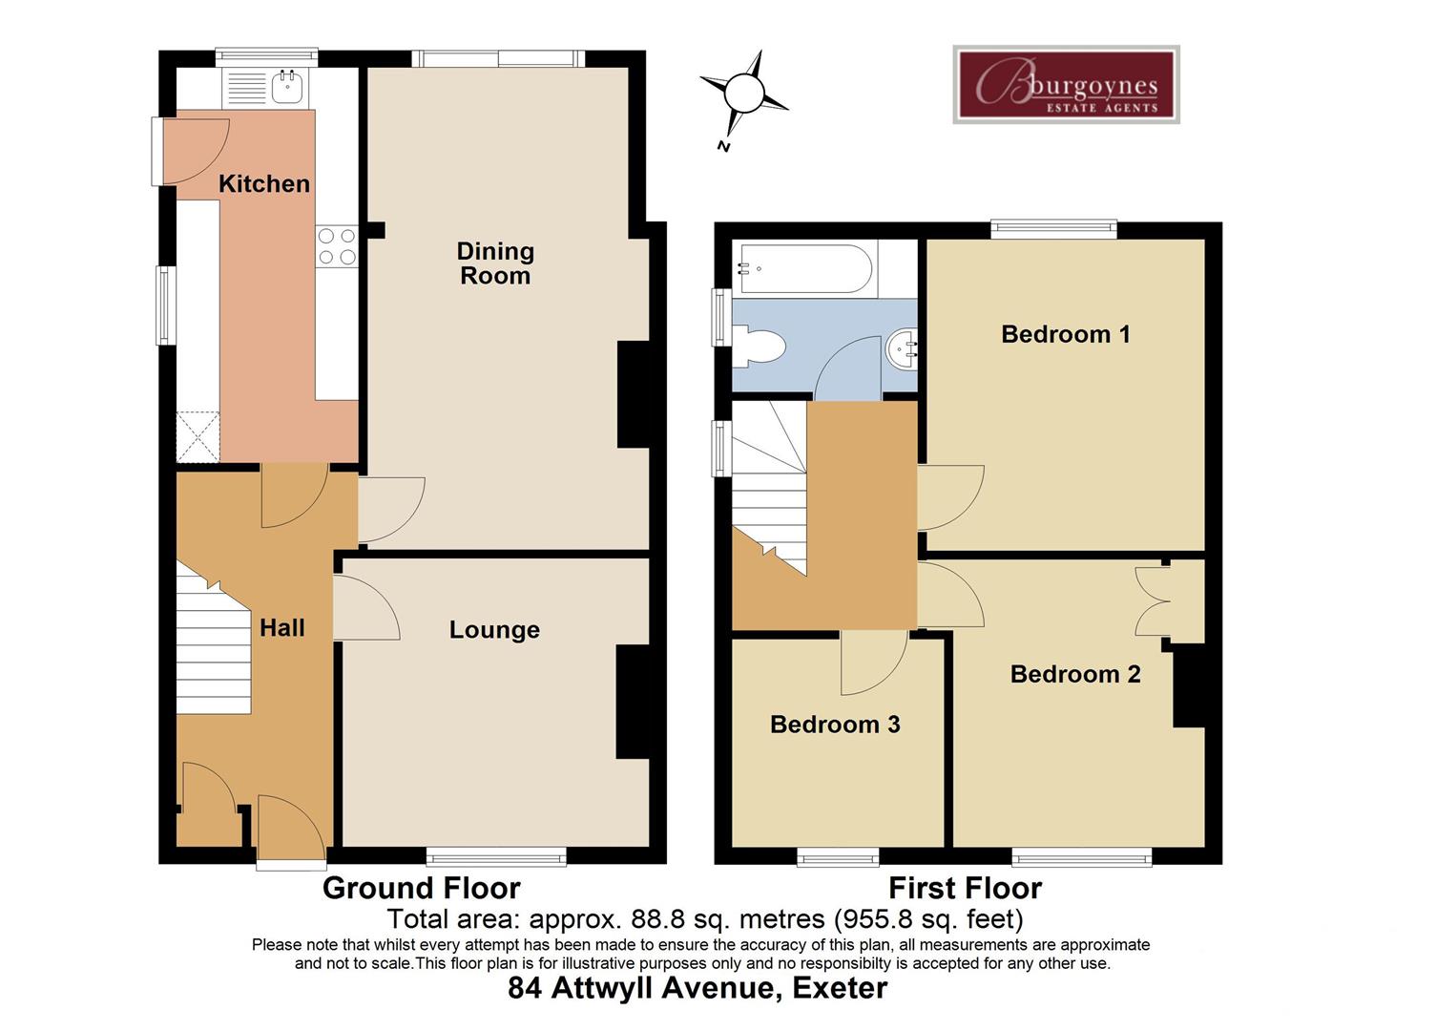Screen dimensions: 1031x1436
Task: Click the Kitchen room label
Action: [264, 183]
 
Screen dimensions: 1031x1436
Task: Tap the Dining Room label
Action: [494, 263]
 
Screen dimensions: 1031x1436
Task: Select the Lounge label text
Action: [494, 630]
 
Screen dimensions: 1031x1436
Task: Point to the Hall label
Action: [282, 628]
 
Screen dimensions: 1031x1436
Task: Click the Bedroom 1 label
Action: [1065, 334]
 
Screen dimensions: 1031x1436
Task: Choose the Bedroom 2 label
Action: [1075, 674]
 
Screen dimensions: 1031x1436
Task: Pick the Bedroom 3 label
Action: [835, 725]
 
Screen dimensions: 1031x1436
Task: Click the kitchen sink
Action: [287, 87]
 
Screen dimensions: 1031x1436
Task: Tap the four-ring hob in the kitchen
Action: [337, 245]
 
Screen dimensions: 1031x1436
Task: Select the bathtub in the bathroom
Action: [803, 268]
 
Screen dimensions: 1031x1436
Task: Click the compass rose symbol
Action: [744, 95]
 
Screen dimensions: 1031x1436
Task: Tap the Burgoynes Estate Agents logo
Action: [1066, 85]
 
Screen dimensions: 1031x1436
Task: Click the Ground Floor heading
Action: [421, 888]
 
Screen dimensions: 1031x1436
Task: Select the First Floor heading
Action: [965, 888]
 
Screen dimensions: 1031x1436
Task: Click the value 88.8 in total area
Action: [657, 919]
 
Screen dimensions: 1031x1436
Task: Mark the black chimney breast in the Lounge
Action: [632, 703]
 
